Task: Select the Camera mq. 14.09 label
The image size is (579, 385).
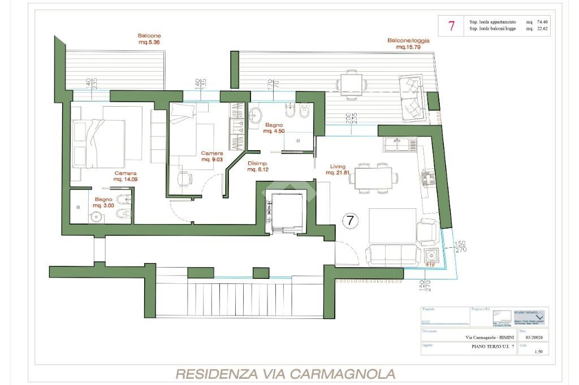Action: click(126, 176)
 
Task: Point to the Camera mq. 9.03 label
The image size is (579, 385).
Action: click(212, 156)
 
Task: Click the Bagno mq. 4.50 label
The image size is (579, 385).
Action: click(274, 128)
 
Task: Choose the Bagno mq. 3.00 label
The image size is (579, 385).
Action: click(103, 203)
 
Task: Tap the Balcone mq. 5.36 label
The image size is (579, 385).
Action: click(149, 39)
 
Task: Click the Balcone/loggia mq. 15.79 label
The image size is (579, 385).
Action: click(408, 44)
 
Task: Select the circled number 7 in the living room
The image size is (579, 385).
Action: click(350, 221)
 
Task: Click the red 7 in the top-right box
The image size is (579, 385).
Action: click(451, 25)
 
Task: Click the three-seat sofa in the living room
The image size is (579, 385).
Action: click(391, 254)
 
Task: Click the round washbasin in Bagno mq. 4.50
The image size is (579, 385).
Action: click(256, 115)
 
